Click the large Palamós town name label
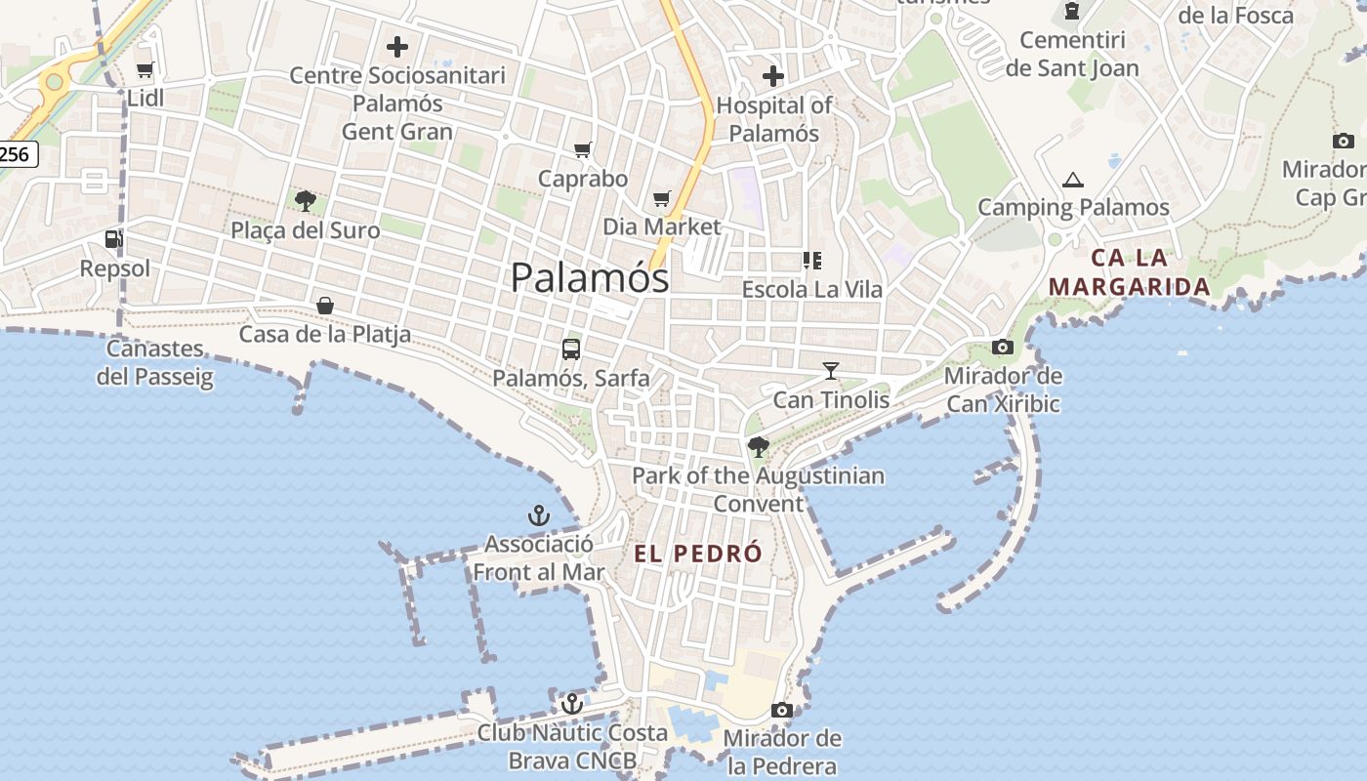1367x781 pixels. pyautogui.click(x=590, y=278)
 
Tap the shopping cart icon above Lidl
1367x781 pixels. pyautogui.click(x=145, y=69)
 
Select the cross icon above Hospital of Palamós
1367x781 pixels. pyautogui.click(x=773, y=75)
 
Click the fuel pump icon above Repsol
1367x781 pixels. pyautogui.click(x=114, y=238)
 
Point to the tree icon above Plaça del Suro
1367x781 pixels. pyautogui.click(x=306, y=201)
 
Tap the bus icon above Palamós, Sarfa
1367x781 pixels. pyautogui.click(x=571, y=349)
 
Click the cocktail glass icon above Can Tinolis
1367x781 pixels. pyautogui.click(x=831, y=370)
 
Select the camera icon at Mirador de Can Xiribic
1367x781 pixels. pyautogui.click(x=1003, y=347)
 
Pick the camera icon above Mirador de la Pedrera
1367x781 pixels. pyautogui.click(x=781, y=710)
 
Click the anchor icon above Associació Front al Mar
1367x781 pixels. pyautogui.click(x=539, y=514)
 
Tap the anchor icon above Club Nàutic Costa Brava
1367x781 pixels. pyautogui.click(x=572, y=703)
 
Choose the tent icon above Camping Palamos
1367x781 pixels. pyautogui.click(x=1073, y=180)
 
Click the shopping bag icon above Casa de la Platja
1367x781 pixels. pyautogui.click(x=325, y=306)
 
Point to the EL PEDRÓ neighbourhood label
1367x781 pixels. pyautogui.click(x=698, y=554)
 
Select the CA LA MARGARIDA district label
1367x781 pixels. pyautogui.click(x=1130, y=272)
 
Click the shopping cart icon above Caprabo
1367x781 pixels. pyautogui.click(x=583, y=149)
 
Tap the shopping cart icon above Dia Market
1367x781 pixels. pyautogui.click(x=662, y=198)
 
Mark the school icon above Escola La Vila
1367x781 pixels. pyautogui.click(x=811, y=260)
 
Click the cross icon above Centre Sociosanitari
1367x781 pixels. pyautogui.click(x=397, y=46)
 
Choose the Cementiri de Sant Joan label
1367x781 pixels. pyautogui.click(x=1072, y=54)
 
